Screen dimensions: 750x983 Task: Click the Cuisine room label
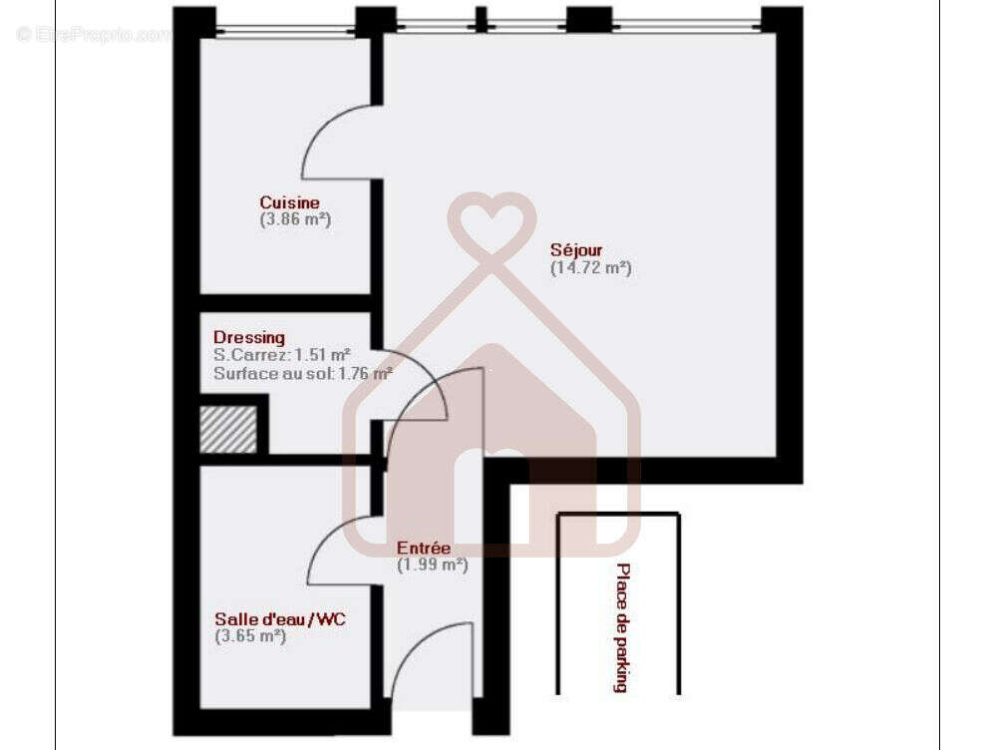click(289, 202)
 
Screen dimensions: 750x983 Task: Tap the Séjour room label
click(576, 250)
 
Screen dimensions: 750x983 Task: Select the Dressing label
click(248, 337)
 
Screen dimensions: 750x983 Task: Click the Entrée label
click(424, 548)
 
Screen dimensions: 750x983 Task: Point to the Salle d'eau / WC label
click(280, 619)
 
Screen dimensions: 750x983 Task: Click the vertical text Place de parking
click(622, 627)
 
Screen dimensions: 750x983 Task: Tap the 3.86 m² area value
click(295, 219)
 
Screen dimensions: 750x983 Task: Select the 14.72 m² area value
click(591, 267)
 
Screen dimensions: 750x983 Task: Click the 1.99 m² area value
click(433, 564)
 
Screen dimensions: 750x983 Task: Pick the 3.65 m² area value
click(250, 636)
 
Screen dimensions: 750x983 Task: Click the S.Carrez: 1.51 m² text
click(281, 355)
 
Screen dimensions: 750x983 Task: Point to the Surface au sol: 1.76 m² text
click(302, 373)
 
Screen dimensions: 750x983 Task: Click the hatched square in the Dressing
click(228, 430)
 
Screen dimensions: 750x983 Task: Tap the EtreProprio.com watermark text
click(94, 35)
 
